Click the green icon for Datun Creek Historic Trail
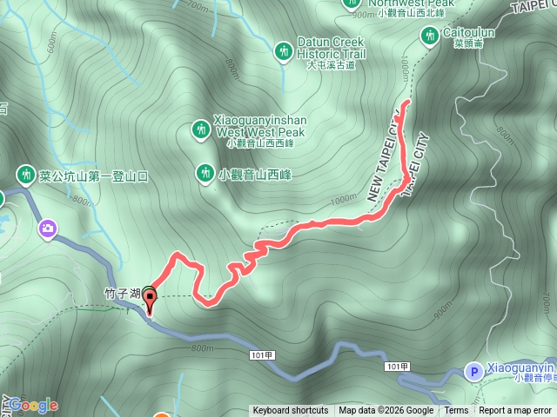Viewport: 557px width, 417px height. [283, 52]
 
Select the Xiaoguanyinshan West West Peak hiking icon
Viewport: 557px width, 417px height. [200, 130]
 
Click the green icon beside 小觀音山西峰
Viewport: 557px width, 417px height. [205, 173]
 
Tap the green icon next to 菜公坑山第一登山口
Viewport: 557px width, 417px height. [26, 175]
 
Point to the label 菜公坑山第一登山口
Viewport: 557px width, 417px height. [94, 176]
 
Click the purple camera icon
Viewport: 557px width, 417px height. [47, 229]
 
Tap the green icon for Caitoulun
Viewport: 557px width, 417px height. [429, 36]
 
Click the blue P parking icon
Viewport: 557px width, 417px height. [473, 371]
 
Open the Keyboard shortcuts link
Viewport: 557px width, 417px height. [291, 411]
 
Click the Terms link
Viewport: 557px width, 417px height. [456, 411]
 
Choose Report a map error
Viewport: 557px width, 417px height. [516, 411]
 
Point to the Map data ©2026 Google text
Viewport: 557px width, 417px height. [386, 411]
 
